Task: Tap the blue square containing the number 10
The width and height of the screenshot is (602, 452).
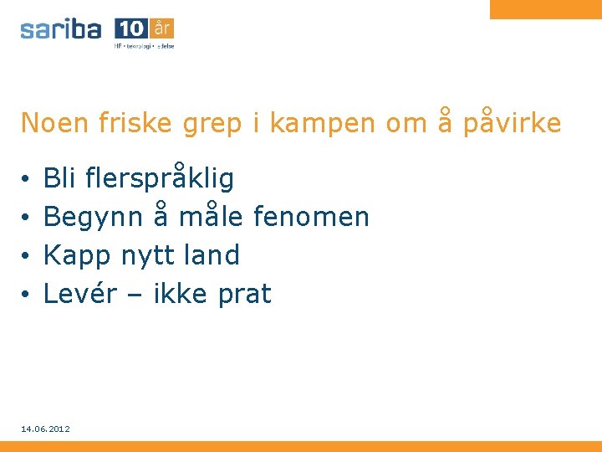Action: coord(131,28)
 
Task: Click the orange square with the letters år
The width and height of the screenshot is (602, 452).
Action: coord(162,28)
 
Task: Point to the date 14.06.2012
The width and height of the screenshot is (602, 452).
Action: coord(46,429)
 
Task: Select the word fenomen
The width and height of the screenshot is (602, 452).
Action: coord(311,217)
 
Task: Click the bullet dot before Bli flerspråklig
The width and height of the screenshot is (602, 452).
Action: coord(27,179)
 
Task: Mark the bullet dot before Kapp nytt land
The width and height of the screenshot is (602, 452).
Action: coord(27,256)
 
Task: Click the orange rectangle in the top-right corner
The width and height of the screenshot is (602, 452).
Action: coord(545,8)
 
